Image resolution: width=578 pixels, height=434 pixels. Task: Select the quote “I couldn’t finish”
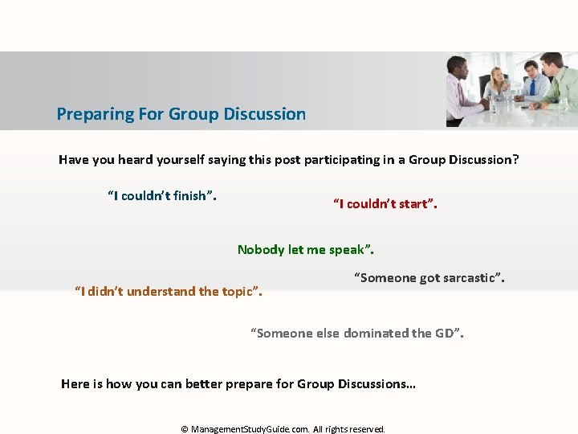tap(162, 196)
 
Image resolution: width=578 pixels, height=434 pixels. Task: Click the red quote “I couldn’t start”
tap(385, 204)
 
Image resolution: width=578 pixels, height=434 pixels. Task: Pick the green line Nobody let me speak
tap(306, 250)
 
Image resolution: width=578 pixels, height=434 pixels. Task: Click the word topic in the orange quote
tap(238, 292)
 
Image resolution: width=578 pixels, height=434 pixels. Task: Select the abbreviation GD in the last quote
tap(445, 334)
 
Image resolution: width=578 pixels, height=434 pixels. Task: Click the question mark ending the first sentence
tap(515, 160)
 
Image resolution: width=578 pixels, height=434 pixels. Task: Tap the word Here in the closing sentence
tap(75, 384)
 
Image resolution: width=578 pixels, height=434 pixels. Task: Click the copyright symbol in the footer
tap(185, 429)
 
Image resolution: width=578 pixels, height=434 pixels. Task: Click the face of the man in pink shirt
tap(458, 68)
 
